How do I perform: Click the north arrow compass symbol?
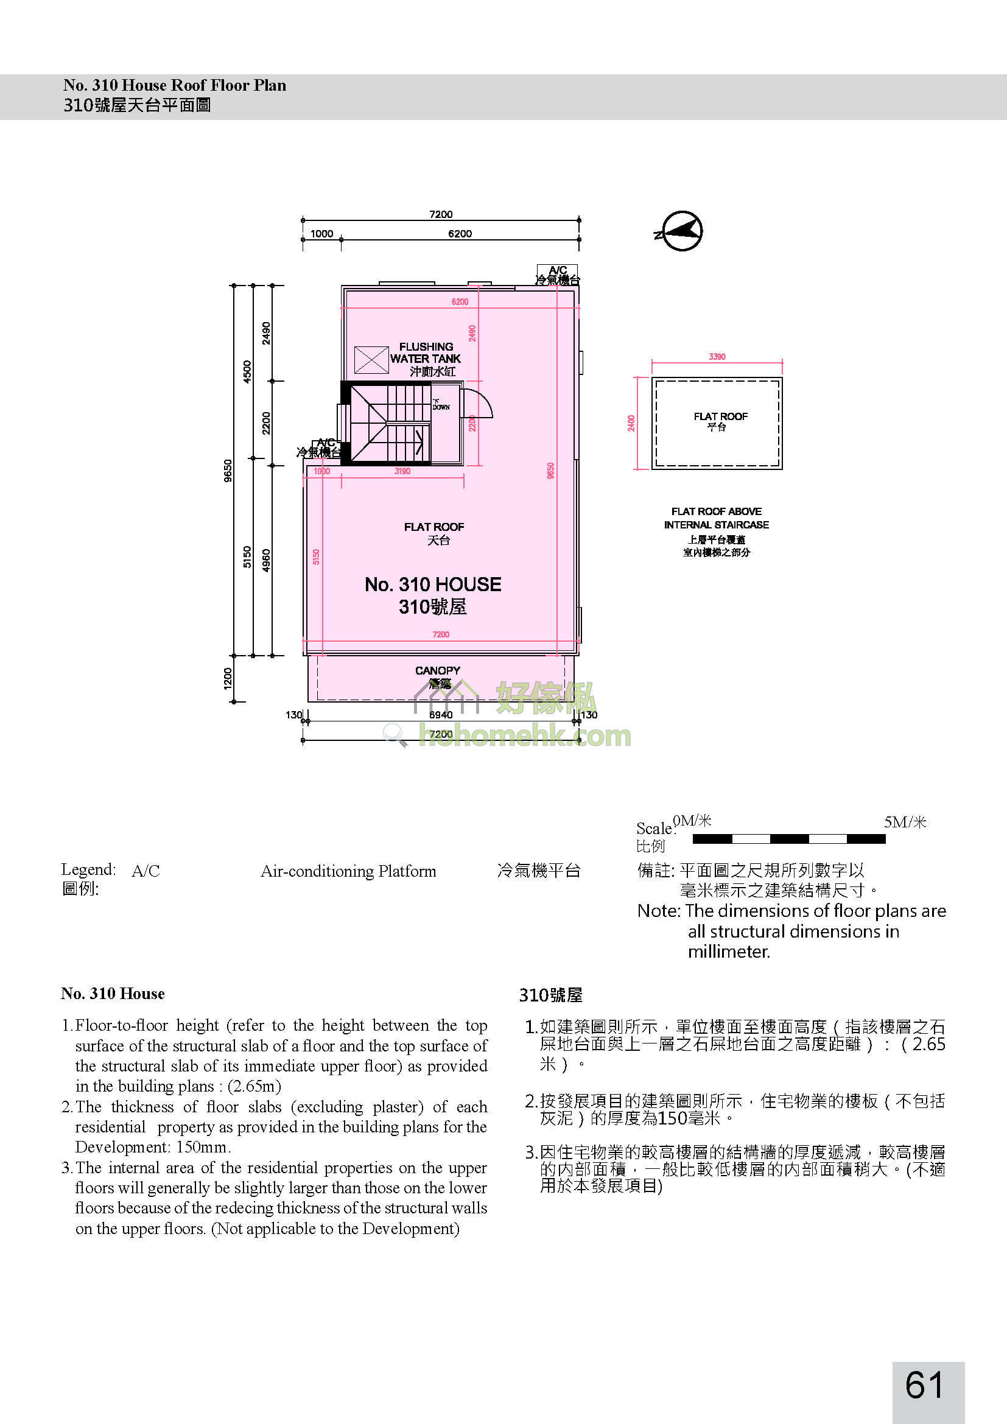[x=681, y=231]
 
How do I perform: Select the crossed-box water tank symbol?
[x=371, y=360]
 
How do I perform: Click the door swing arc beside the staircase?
[x=478, y=403]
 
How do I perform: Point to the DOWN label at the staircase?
[x=441, y=405]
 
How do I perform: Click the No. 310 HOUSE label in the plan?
[x=433, y=584]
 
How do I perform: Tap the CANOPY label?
[x=438, y=670]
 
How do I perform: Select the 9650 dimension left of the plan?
[x=228, y=470]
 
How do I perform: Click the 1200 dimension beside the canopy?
[x=228, y=678]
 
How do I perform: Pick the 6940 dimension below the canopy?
[x=441, y=715]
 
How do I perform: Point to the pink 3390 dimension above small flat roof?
[x=717, y=357]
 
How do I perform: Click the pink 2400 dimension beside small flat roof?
[x=631, y=423]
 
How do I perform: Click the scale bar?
[x=788, y=839]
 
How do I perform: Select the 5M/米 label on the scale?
[x=905, y=822]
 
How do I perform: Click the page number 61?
[x=924, y=1385]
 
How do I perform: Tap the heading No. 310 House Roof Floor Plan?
[x=175, y=85]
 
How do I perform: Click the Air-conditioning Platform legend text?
[x=348, y=871]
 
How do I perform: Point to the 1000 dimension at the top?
[x=322, y=234]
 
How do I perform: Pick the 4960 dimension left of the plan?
[x=266, y=561]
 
